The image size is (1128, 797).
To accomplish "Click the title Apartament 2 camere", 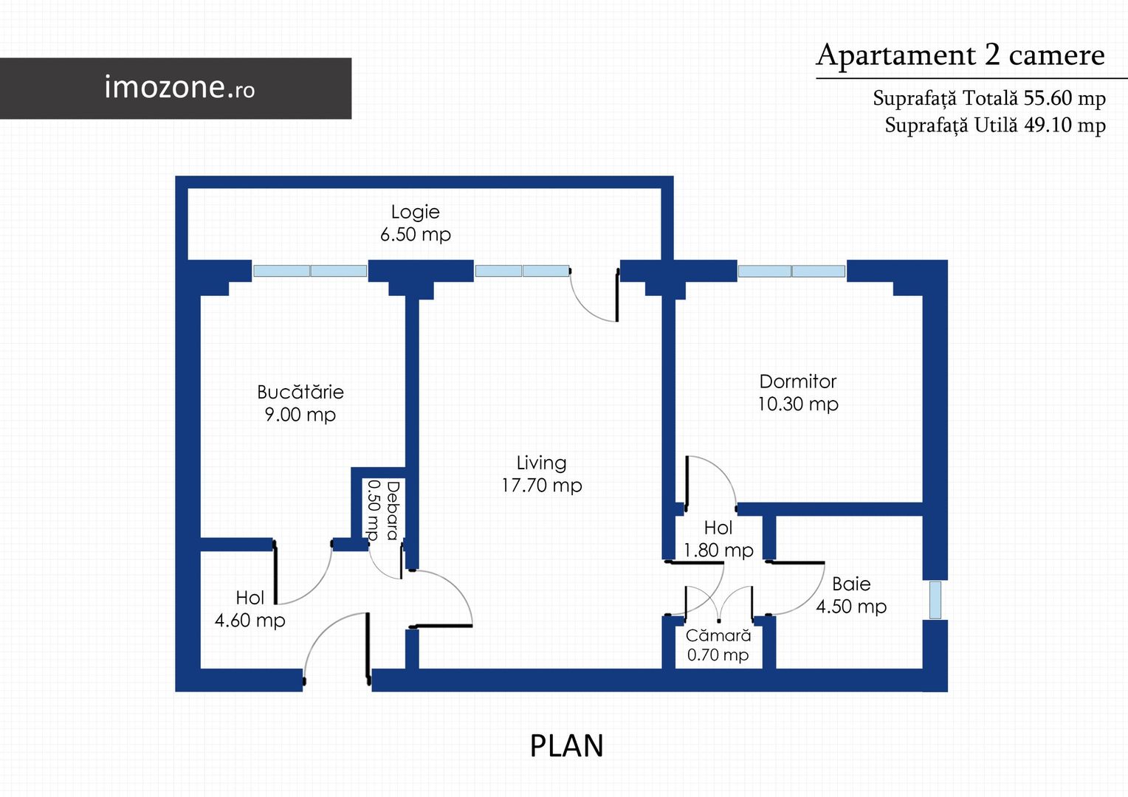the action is click(x=960, y=55).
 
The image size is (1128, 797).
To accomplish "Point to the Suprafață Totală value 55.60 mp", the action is click(x=1065, y=97).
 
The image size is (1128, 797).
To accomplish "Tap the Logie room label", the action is click(x=416, y=212).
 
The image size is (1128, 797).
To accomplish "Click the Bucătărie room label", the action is click(x=300, y=392).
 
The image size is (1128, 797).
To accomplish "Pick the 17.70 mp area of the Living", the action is click(x=542, y=486).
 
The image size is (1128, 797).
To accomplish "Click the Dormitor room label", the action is click(x=798, y=381).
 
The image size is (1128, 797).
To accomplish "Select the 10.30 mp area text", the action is click(x=798, y=404).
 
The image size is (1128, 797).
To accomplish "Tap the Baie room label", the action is click(x=851, y=584).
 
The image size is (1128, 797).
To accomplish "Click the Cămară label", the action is click(x=718, y=635).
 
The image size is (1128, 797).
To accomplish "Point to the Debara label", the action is click(x=393, y=511).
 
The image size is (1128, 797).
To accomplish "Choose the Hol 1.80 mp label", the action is click(x=718, y=539).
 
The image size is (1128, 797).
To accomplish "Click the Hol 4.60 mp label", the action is click(x=250, y=610).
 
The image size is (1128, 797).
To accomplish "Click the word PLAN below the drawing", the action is click(x=566, y=745).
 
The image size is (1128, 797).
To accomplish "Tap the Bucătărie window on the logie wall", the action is click(x=310, y=271).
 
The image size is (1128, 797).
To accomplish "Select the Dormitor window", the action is click(x=791, y=272).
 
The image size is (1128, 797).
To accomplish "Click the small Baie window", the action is click(x=935, y=600).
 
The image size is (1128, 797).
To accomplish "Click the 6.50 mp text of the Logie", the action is click(x=416, y=235).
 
